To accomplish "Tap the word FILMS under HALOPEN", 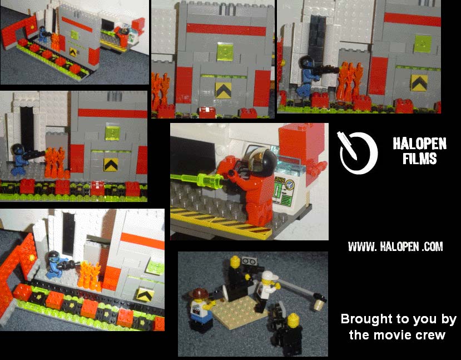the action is [x=419, y=159].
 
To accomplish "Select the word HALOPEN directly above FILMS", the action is [x=419, y=144].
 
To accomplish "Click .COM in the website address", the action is [x=432, y=246].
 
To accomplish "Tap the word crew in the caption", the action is [x=431, y=336].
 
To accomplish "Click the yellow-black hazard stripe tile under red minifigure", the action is [x=221, y=223].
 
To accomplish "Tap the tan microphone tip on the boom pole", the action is [x=319, y=304].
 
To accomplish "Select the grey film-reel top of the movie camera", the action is [x=250, y=261].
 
